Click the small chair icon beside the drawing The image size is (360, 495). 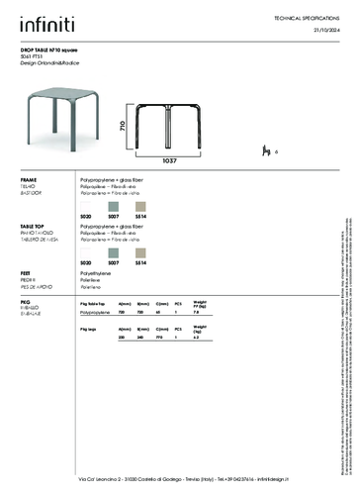(x=265, y=150)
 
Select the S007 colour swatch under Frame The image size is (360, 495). (x=113, y=205)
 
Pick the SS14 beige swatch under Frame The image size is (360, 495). (x=140, y=205)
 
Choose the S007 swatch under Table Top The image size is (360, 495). (x=113, y=251)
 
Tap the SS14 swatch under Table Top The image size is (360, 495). (x=140, y=251)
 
